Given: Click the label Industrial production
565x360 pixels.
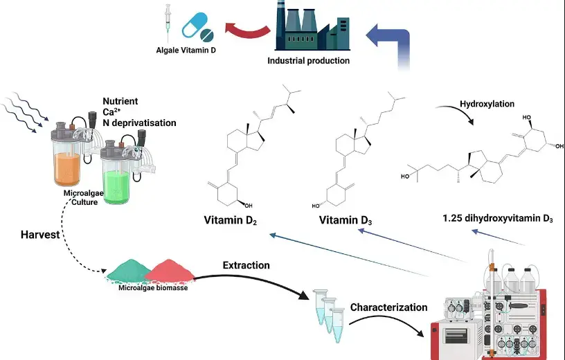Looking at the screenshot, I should coord(309,61).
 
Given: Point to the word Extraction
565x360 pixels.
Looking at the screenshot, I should coord(246,265).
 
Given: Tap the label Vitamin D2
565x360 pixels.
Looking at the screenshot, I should coord(231,222).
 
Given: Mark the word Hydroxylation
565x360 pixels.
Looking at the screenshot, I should coord(487,104).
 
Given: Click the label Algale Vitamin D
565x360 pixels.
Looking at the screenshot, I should coord(185,51).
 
